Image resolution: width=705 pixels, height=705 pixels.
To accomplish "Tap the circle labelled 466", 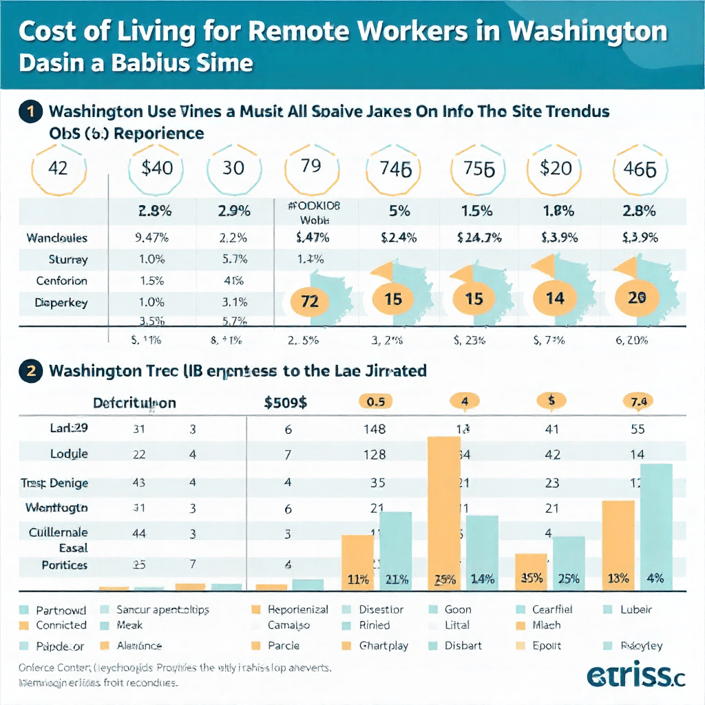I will pos(639,168).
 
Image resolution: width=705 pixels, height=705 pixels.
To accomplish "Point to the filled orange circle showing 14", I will pos(554,297).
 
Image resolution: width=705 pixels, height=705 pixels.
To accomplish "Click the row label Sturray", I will pos(67,260).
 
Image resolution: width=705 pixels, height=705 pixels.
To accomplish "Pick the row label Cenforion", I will pos(62,281).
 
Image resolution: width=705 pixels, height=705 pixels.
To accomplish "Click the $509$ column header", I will pos(286,403).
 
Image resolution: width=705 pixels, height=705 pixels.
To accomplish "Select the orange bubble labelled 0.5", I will pos(375,400).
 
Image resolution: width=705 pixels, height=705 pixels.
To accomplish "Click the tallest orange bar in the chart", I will pos(445,513).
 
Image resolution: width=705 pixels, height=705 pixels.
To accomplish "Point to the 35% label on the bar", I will pos(530,579).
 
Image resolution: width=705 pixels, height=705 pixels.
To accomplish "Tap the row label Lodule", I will pos(69,454).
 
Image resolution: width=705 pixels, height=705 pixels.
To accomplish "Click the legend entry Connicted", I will pos(61,625).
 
